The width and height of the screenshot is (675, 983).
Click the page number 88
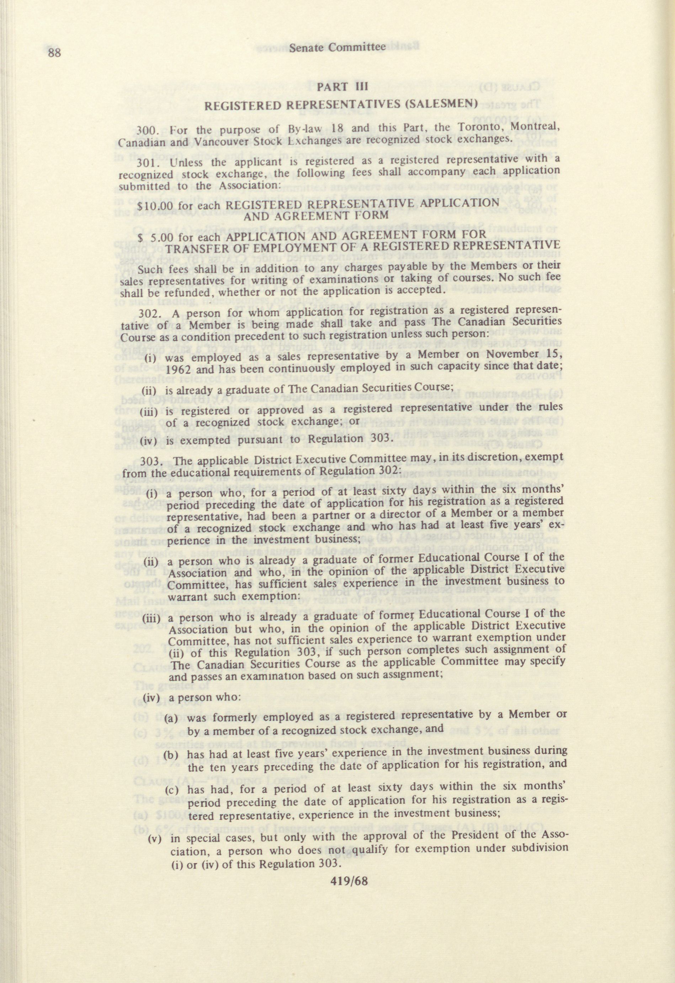(x=55, y=53)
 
